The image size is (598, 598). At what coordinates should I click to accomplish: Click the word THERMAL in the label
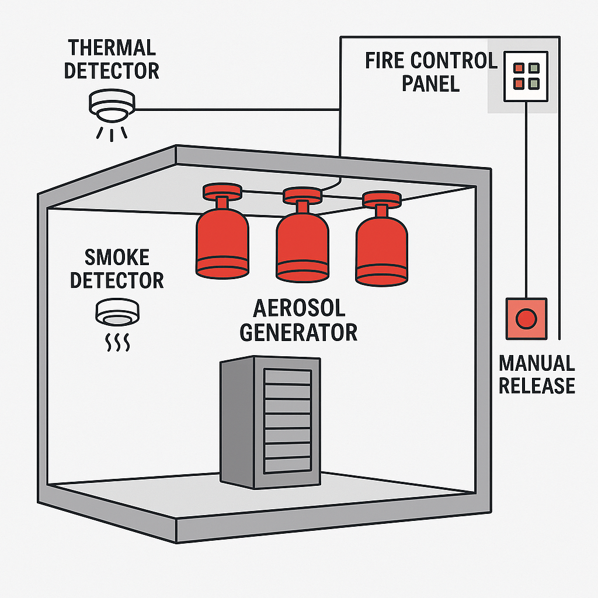(111, 48)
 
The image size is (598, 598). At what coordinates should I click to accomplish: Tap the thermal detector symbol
(112, 104)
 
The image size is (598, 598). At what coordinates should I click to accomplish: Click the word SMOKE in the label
(117, 257)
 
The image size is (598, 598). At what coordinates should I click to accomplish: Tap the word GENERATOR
(298, 332)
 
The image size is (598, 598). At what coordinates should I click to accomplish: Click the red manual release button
(527, 318)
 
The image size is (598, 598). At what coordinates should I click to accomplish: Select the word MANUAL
(537, 363)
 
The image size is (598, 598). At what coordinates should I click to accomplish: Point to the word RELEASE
(537, 385)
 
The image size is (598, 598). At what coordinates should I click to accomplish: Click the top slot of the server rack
(287, 377)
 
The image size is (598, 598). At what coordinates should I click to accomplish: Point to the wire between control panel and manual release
(527, 199)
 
